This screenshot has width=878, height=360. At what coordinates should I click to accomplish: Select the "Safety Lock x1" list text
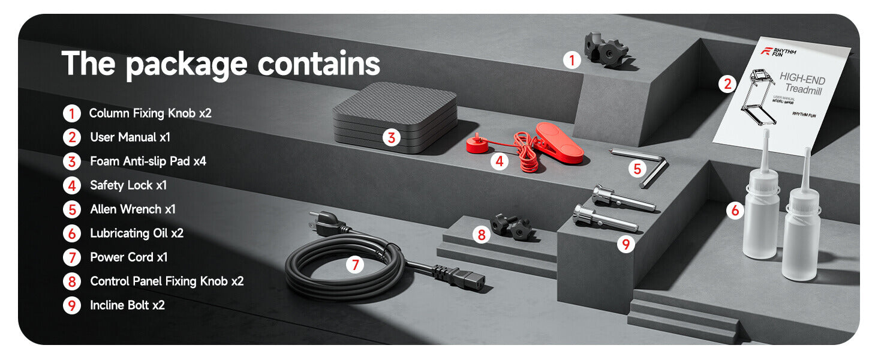pyautogui.click(x=128, y=185)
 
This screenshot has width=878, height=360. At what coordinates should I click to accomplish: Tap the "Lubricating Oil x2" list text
pyautogui.click(x=137, y=233)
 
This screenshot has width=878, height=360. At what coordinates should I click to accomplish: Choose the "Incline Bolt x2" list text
pyautogui.click(x=127, y=305)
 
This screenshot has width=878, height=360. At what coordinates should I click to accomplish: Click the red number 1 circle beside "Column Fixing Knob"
pyautogui.click(x=71, y=113)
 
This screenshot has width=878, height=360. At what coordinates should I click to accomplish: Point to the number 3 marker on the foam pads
pyautogui.click(x=391, y=138)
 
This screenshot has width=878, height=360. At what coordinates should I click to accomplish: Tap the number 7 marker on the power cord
pyautogui.click(x=355, y=264)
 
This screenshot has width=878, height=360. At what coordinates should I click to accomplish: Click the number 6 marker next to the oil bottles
pyautogui.click(x=735, y=211)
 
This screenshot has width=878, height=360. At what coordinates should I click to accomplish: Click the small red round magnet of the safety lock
pyautogui.click(x=477, y=144)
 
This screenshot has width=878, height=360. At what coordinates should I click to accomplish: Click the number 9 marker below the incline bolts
pyautogui.click(x=626, y=245)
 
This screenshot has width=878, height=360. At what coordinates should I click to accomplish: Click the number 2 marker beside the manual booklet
pyautogui.click(x=727, y=84)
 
